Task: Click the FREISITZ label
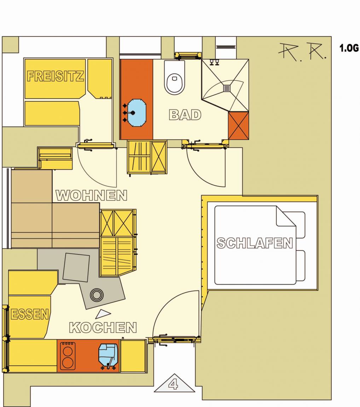pos(55,76)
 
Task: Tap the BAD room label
pos(185,115)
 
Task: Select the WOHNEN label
pos(92,195)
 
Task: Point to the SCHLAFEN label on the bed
pos(255,243)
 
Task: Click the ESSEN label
pos(30,314)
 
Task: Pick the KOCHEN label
pos(103,328)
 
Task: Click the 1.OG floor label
pos(349,48)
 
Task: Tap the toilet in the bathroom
pos(175,77)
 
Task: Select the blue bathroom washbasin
pos(137,113)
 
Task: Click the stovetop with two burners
pos(68,356)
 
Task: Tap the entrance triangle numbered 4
pos(174,383)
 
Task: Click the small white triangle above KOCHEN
pos(103,314)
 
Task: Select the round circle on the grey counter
pos(97,295)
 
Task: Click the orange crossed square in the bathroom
pos(238,126)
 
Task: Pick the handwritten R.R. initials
pos(302,51)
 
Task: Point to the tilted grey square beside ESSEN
pos(76,267)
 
